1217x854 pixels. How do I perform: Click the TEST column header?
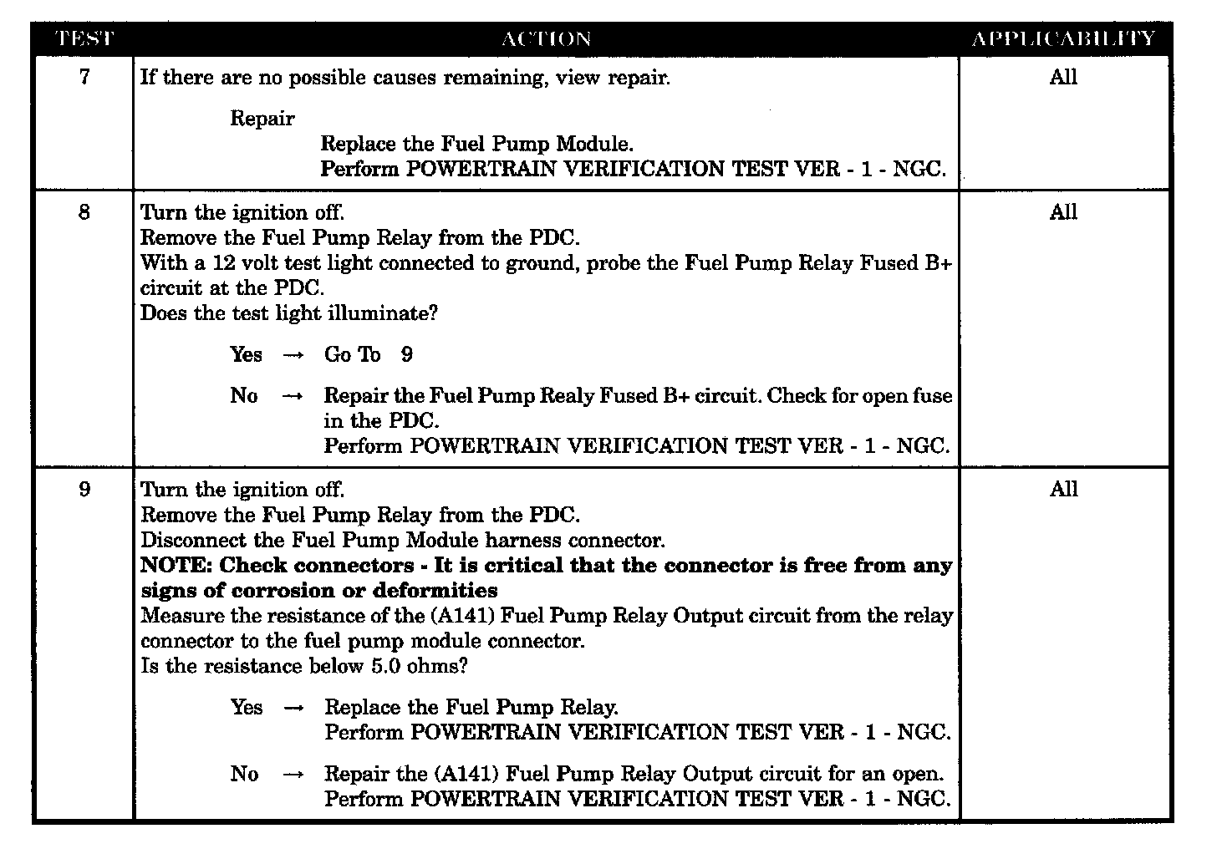[84, 39]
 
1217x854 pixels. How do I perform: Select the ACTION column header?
[547, 39]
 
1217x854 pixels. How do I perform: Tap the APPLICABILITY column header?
[1064, 39]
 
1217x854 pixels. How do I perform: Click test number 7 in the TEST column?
[84, 78]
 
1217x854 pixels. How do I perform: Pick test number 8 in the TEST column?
[84, 212]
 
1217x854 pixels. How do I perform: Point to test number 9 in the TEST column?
[84, 490]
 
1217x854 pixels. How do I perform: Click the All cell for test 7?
[1063, 78]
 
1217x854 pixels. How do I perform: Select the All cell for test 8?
[1063, 212]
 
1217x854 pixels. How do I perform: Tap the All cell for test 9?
[1063, 490]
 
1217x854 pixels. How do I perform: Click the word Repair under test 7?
[262, 119]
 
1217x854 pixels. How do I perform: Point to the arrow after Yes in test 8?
[293, 355]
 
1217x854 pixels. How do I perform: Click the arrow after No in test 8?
[293, 396]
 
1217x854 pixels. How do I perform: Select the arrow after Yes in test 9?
[293, 708]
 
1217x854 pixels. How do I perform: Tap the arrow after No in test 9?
[293, 775]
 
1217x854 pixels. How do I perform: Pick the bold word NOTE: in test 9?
[176, 566]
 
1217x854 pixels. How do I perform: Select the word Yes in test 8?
[246, 355]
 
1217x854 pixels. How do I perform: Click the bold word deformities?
[435, 591]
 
